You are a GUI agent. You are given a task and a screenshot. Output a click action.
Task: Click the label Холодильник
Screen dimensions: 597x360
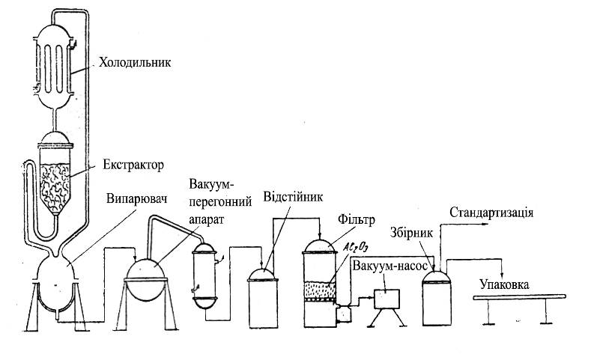pyautogui.click(x=135, y=64)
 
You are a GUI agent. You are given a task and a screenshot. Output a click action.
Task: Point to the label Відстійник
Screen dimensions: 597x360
pyautogui.click(x=293, y=198)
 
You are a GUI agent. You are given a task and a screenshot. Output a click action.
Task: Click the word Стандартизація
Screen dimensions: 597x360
pyautogui.click(x=491, y=213)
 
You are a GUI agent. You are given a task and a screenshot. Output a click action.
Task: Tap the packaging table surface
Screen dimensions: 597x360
pyautogui.click(x=519, y=298)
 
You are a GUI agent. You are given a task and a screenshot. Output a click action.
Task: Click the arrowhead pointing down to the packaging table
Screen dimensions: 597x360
pyautogui.click(x=502, y=275)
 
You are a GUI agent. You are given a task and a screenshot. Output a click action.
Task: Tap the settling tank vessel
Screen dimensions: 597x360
pyautogui.click(x=263, y=298)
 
